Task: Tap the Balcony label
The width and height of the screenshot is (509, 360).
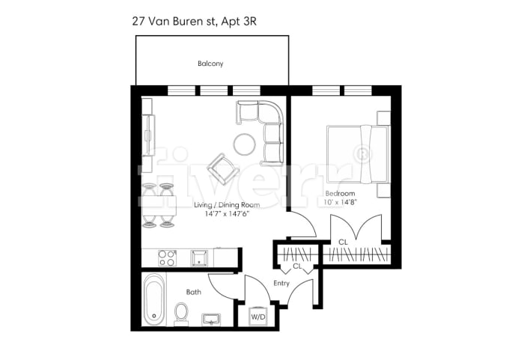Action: click(211, 64)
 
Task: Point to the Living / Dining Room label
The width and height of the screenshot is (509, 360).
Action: click(227, 204)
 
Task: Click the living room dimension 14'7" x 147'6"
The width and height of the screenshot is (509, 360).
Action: click(227, 214)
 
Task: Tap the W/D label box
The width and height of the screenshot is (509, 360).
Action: click(258, 317)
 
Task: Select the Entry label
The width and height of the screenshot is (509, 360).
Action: click(281, 284)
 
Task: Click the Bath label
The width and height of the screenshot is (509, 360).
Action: click(193, 292)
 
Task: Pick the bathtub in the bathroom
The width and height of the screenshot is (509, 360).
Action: click(154, 300)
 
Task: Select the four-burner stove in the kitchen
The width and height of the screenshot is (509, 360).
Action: click(167, 258)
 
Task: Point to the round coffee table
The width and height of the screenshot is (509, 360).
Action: click(245, 144)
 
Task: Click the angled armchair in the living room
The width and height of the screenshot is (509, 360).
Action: click(222, 168)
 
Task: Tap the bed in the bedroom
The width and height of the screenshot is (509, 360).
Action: click(358, 153)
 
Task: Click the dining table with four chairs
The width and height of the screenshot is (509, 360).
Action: click(159, 205)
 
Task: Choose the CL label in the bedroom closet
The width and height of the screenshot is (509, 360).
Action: click(344, 242)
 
